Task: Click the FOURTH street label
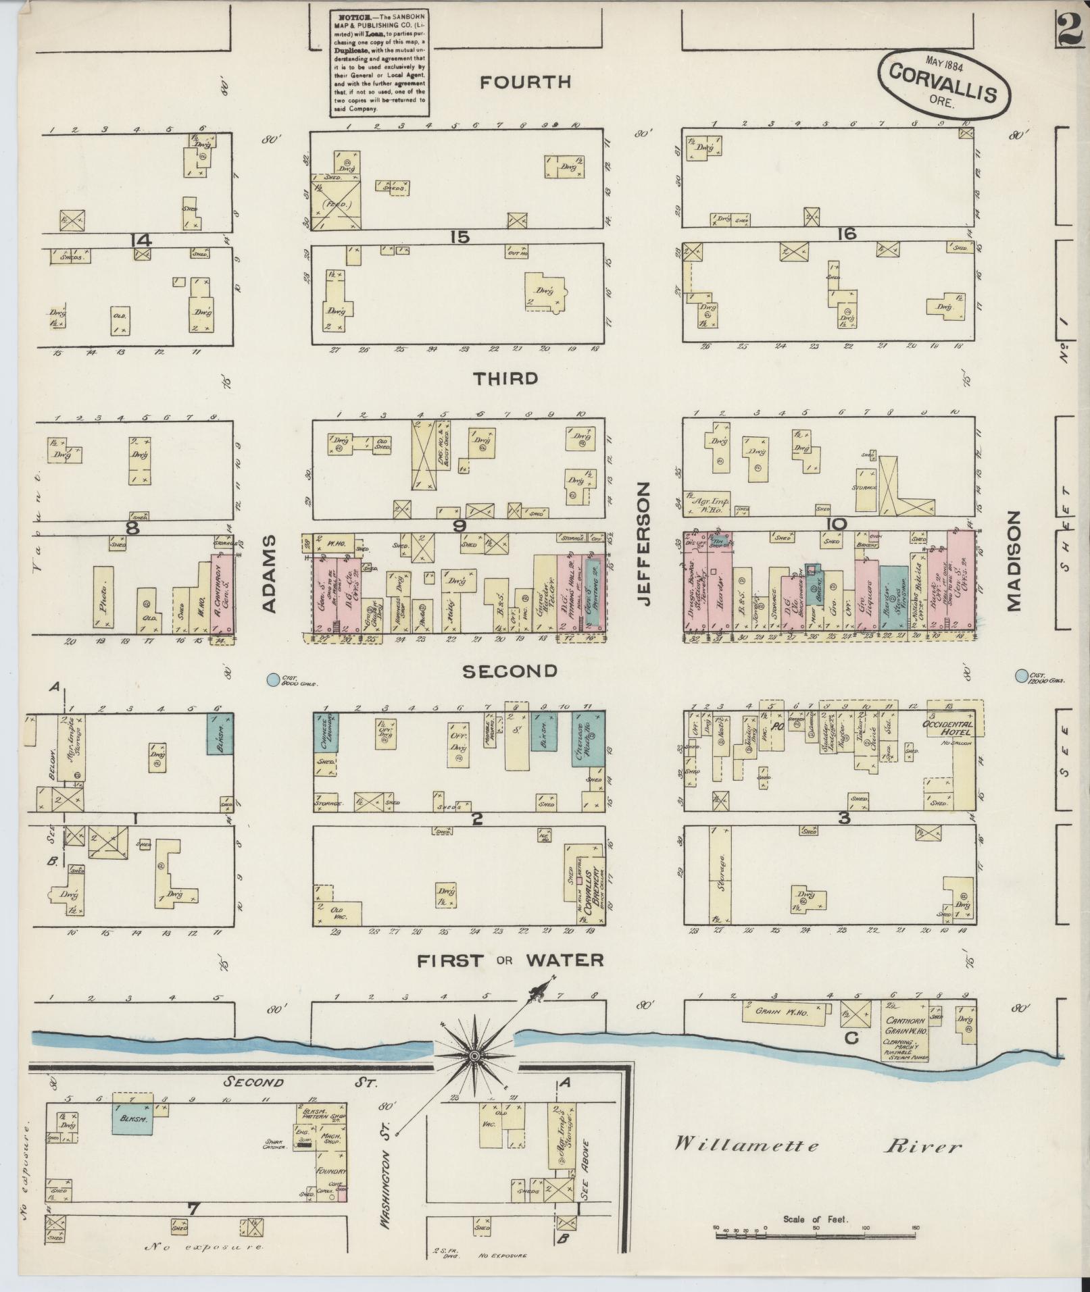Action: click(525, 82)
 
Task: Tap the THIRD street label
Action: click(506, 378)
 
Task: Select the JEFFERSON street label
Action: click(643, 544)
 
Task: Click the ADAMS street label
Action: click(269, 574)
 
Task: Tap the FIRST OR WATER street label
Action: click(510, 960)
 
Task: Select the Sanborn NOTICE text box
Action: click(380, 62)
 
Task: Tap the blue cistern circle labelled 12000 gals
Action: click(1020, 675)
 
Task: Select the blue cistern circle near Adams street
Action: click(272, 680)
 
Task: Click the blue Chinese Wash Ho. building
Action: click(588, 738)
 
